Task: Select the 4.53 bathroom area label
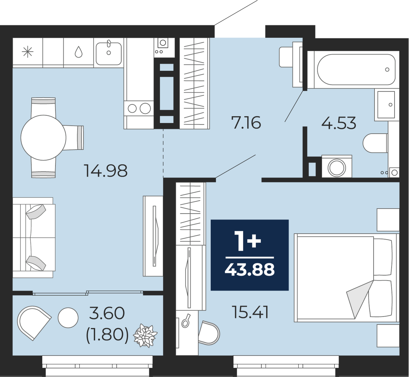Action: [338, 123]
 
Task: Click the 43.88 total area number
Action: [250, 270]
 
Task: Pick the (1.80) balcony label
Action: [107, 336]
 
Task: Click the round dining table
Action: [43, 137]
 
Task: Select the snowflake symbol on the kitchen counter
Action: [28, 52]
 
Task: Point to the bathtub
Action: [356, 70]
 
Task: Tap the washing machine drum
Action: [337, 167]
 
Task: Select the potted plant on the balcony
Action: [145, 336]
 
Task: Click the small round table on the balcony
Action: [68, 318]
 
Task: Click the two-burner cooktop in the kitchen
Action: [139, 108]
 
